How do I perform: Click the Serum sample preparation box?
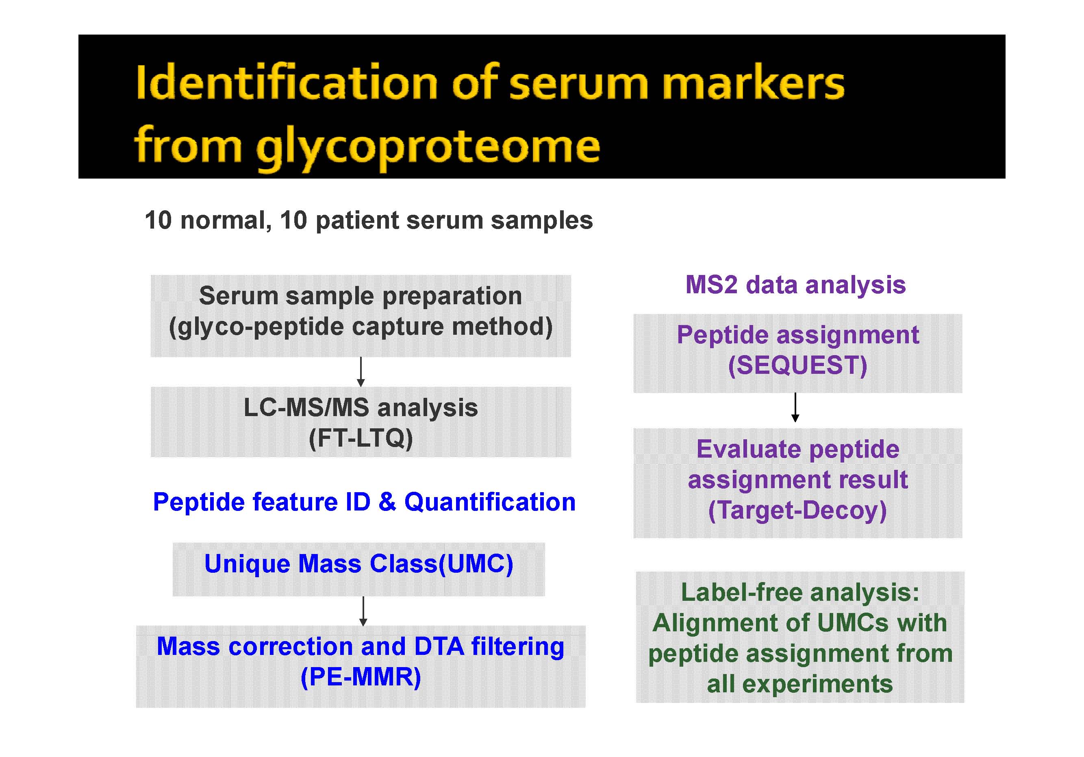(361, 316)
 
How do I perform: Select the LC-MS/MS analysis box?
(361, 422)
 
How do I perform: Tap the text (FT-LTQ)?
(361, 438)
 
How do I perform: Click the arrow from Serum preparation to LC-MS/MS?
(361, 372)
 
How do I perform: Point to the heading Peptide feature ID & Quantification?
(364, 502)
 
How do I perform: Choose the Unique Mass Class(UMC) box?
(359, 569)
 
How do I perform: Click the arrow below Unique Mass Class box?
(363, 611)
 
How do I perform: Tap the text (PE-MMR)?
(361, 677)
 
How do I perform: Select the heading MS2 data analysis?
(795, 285)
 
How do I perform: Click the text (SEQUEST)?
(798, 365)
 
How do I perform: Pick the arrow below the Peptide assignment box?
(795, 407)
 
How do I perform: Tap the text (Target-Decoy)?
(798, 510)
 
